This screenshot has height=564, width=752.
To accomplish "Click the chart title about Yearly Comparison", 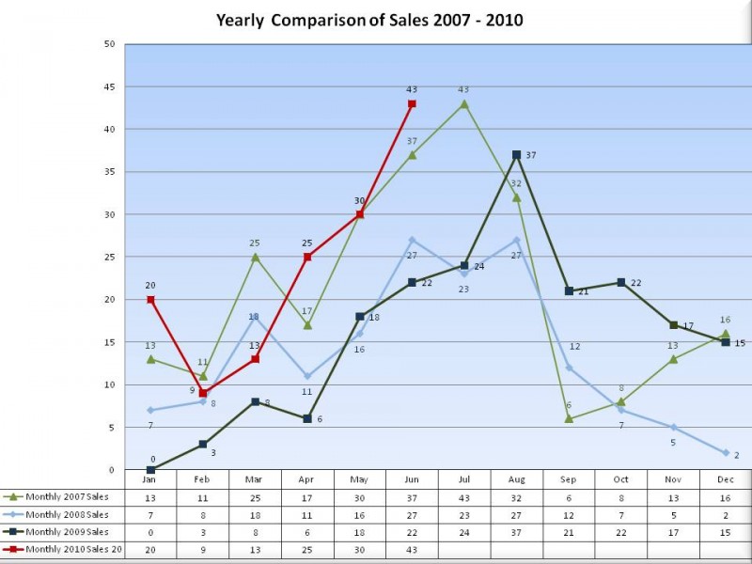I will coord(369,20).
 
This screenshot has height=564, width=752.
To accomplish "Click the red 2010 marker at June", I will coord(412,103).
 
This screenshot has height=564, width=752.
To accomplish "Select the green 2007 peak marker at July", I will coord(464,103).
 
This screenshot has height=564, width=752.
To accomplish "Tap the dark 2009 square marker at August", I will coord(516,154).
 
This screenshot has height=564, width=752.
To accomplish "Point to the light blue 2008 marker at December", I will coord(726,453).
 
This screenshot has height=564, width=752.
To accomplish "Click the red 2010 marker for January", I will coord(150,300).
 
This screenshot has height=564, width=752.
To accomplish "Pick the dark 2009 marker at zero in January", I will coord(150,470).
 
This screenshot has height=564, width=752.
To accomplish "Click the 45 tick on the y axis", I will coord(109,86).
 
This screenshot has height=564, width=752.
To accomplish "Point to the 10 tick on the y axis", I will coord(109,384).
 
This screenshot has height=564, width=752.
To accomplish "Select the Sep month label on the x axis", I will coord(569,479).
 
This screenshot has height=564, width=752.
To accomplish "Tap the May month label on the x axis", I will coord(359,479).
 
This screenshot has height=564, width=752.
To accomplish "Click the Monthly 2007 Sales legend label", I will coord(67,497).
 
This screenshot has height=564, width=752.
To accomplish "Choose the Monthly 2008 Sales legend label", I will coord(67,515).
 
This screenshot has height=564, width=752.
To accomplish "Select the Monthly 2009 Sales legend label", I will coord(67,532).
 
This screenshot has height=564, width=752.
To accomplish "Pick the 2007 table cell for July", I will coord(464,497).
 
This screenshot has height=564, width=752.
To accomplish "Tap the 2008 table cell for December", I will coord(726,515).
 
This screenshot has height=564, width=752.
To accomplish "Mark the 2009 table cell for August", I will coord(516,532).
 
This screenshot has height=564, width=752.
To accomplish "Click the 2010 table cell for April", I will coord(306,550).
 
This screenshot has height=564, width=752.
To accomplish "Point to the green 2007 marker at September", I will coord(569,418).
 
